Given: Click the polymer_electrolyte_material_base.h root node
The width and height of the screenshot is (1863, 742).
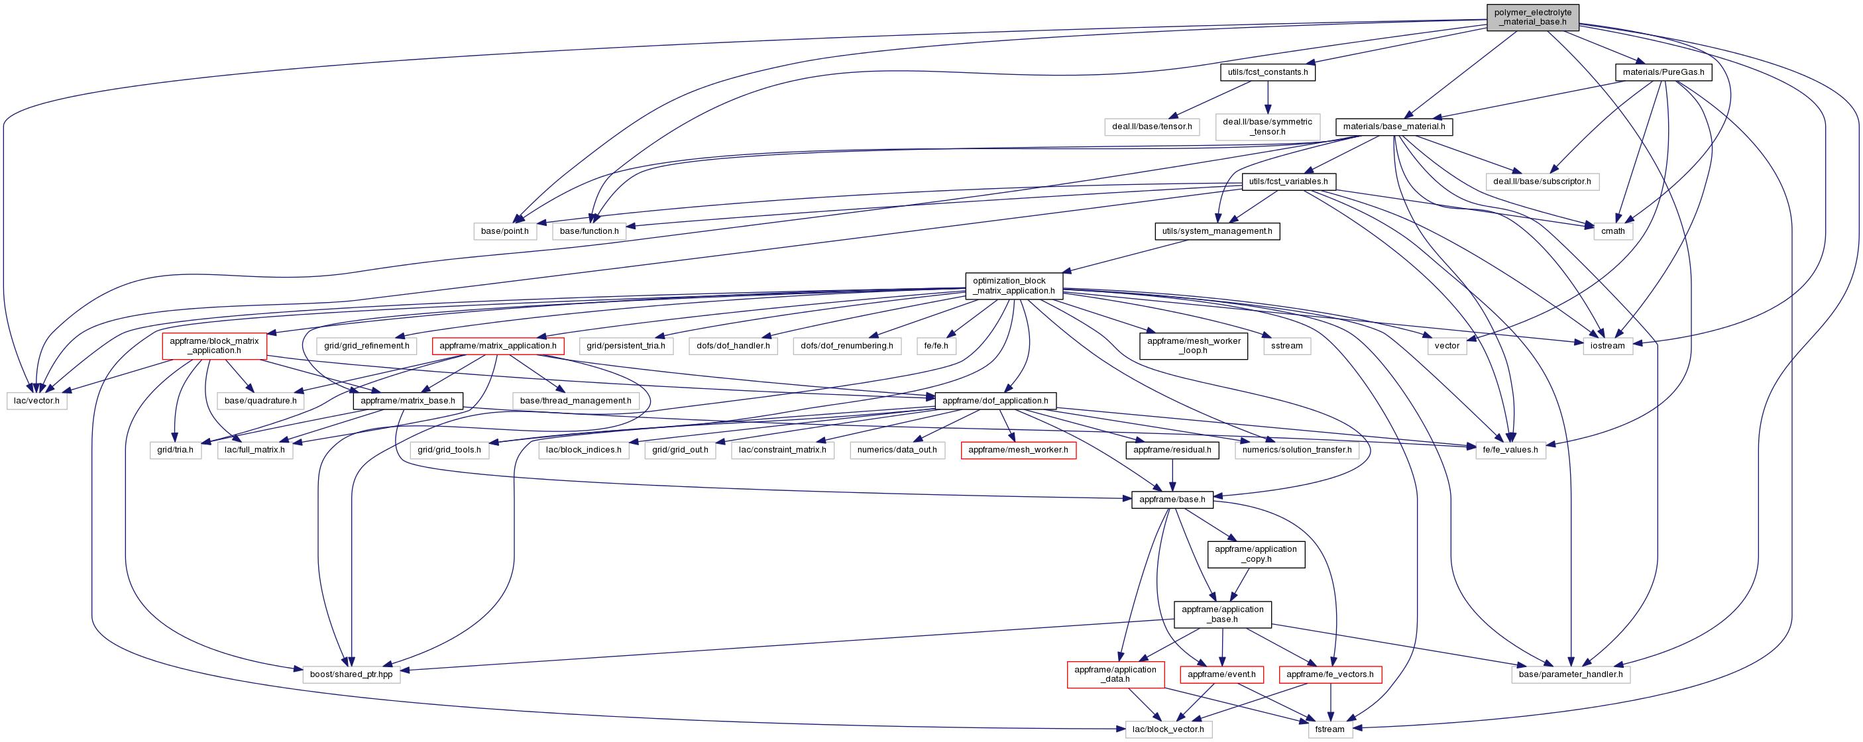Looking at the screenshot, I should point(1532,17).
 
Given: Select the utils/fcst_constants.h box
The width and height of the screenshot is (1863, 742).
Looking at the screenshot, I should point(1268,72).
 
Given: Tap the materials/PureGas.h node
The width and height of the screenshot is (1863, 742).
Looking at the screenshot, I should point(1664,72).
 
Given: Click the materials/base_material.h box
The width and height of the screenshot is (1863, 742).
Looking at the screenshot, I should point(1394,127).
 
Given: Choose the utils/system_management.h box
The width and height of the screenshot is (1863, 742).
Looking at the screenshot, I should point(1216,231).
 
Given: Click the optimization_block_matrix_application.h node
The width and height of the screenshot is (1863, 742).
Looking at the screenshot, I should point(1014,286).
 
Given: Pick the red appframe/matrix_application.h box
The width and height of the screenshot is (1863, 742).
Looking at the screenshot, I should point(498,346).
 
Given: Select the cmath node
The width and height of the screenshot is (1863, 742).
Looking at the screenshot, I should point(1612,231).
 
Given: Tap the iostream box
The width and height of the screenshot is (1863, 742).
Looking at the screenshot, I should point(1607,346).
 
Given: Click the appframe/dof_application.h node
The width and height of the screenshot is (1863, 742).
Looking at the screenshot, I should point(995,400).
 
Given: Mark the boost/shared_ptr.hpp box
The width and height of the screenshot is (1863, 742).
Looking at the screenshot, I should point(351,674).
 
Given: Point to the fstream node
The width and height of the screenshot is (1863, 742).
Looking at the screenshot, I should point(1329,729).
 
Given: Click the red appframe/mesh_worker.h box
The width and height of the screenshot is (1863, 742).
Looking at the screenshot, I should point(1017,450).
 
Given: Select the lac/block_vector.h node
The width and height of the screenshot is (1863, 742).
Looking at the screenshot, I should point(1168,729).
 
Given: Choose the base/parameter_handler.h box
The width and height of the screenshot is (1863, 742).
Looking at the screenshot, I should point(1571,674).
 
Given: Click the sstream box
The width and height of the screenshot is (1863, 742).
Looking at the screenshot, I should point(1286,346).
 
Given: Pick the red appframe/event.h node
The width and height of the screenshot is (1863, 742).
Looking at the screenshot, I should point(1222,674).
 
